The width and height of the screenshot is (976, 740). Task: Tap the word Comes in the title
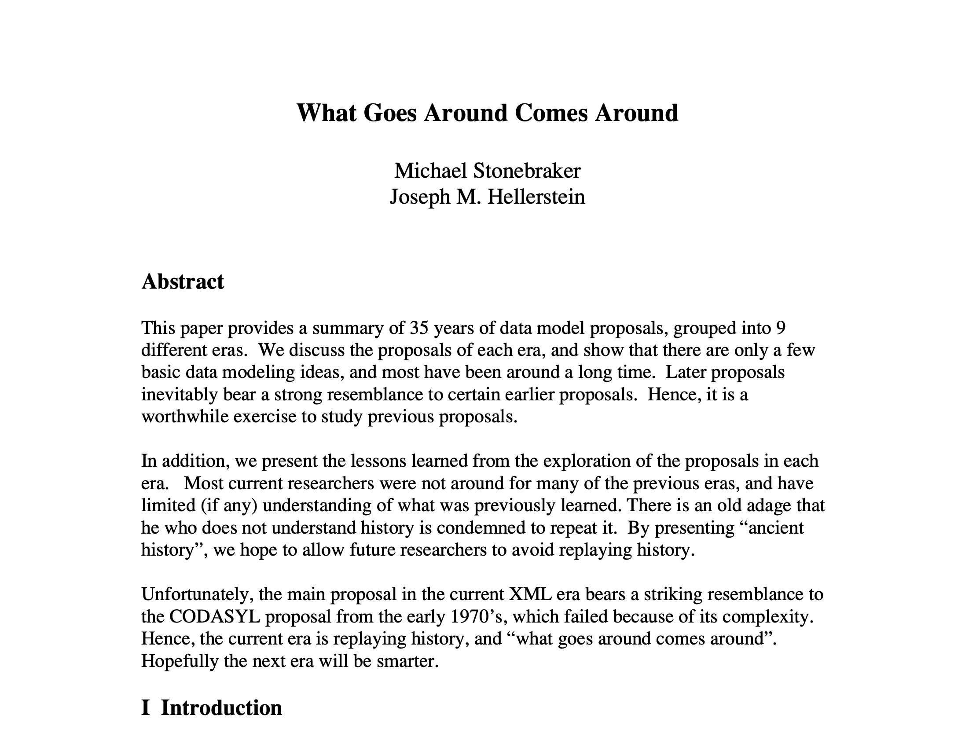pos(551,113)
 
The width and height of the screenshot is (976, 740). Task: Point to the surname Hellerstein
pos(536,197)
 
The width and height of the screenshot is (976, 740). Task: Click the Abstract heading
pos(183,282)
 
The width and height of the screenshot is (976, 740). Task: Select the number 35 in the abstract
pos(419,328)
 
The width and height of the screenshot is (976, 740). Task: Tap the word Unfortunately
pos(197,594)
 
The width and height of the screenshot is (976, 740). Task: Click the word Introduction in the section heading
pos(221,708)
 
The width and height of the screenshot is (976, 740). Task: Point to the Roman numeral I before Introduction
pos(145,708)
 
